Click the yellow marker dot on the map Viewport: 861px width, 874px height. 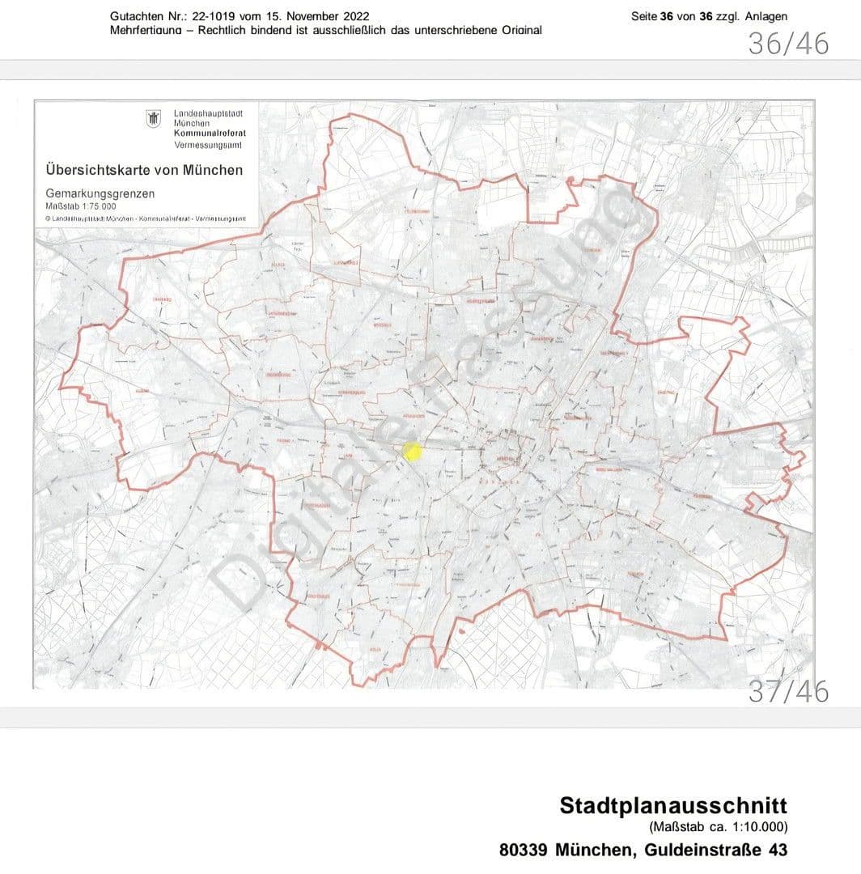tap(412, 452)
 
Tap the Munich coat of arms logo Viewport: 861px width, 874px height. tap(152, 119)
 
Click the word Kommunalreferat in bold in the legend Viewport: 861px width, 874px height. tap(210, 133)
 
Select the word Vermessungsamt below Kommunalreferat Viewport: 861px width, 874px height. tap(208, 144)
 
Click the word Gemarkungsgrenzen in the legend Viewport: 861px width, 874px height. tap(100, 194)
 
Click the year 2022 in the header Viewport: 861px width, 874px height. tap(354, 16)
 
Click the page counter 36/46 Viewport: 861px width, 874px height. tap(787, 44)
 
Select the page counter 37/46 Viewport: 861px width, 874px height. tap(787, 692)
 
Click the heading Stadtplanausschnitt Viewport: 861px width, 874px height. tap(672, 806)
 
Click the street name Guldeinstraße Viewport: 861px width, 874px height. tap(698, 850)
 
